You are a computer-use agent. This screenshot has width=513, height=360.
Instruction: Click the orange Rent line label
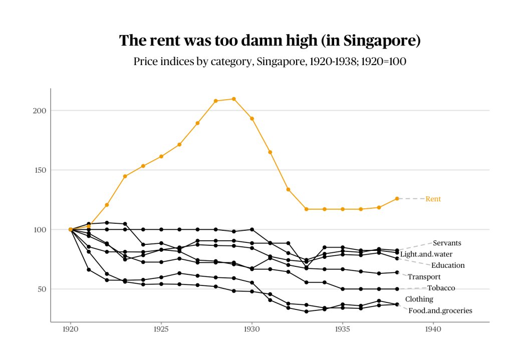pos(433,199)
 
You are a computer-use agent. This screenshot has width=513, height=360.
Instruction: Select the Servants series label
pos(447,243)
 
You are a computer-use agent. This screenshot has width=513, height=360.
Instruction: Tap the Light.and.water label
pos(426,254)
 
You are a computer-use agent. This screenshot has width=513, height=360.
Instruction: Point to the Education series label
pos(448,265)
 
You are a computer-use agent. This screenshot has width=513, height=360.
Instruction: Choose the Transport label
pos(424,277)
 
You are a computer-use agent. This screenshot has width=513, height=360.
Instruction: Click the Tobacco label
pos(441,288)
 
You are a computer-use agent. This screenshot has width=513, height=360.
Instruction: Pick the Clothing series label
pos(419,299)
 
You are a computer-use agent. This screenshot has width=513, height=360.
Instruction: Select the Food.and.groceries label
pos(440,310)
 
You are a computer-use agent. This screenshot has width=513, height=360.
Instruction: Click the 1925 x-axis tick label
pos(161,330)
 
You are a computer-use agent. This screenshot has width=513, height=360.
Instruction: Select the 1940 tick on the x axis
pos(433,330)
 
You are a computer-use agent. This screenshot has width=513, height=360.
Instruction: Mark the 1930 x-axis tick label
pos(251,330)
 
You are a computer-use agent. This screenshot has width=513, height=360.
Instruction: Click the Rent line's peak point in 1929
pos(233,99)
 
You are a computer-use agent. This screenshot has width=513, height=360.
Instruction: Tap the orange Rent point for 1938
pos(397,199)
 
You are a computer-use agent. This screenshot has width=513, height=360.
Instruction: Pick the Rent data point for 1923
pos(125,176)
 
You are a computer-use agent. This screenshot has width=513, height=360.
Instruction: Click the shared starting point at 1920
pos(71,229)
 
